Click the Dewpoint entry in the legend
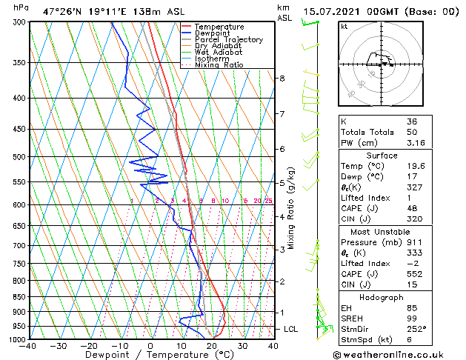pyautogui.click(x=212, y=33)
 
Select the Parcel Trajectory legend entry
pyautogui.click(x=228, y=40)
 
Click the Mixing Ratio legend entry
pyautogui.click(x=219, y=65)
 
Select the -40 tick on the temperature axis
pyautogui.click(x=29, y=346)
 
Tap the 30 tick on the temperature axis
pyautogui.click(x=242, y=346)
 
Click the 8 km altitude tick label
pyautogui.click(x=282, y=79)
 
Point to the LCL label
pyautogui.click(x=292, y=329)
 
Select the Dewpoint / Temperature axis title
pyautogui.click(x=151, y=356)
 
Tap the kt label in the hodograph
pyautogui.click(x=344, y=27)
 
